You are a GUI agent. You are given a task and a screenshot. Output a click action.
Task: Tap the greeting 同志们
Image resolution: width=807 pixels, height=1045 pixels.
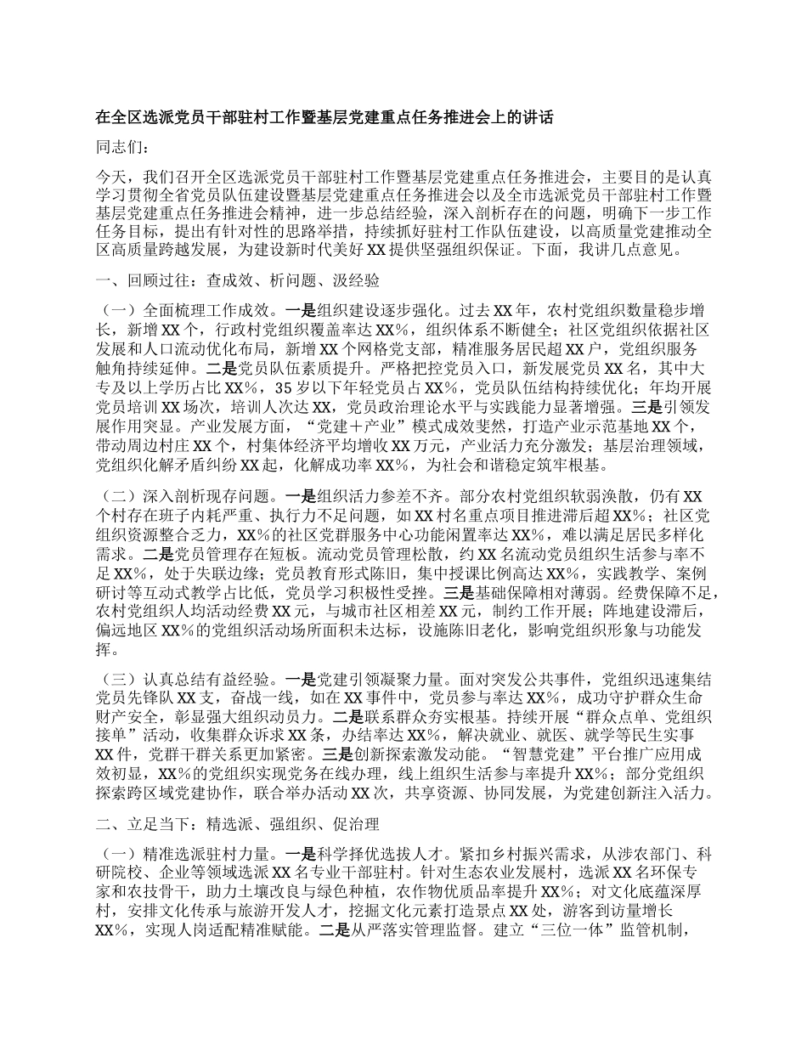(x=123, y=148)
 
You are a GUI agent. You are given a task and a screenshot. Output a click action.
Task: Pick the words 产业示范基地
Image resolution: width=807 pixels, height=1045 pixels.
(x=612, y=425)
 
